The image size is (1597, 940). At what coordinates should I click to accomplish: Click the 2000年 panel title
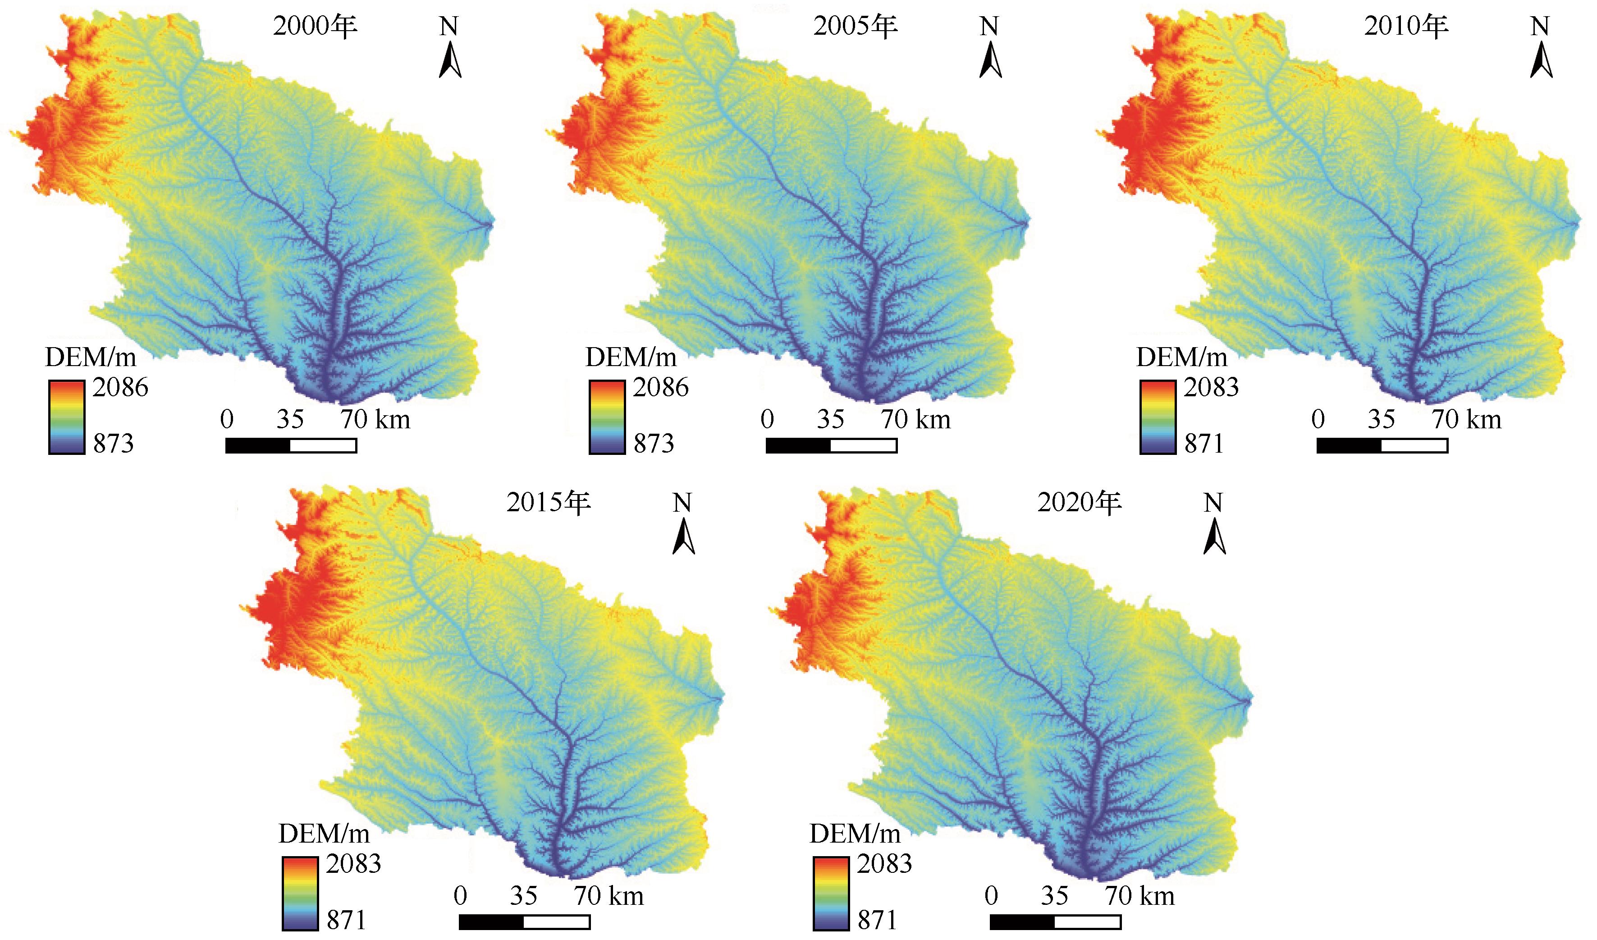[x=315, y=27]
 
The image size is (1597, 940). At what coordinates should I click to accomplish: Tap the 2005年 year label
[x=856, y=27]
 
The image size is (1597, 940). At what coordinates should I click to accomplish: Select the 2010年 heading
[x=1406, y=27]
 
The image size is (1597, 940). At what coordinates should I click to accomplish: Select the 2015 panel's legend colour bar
[x=300, y=893]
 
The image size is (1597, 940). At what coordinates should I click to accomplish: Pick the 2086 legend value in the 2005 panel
[x=660, y=387]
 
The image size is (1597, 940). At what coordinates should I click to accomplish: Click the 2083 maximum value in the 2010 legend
[x=1211, y=387]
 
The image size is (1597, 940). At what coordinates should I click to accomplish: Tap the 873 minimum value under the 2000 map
[x=114, y=444]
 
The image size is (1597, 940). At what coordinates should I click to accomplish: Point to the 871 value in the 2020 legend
[x=877, y=920]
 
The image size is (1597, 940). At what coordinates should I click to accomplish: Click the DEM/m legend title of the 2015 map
[x=324, y=834]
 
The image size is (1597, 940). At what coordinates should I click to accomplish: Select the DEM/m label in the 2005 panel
[x=631, y=358]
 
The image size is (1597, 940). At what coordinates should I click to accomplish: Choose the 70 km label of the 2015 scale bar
[x=609, y=896]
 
